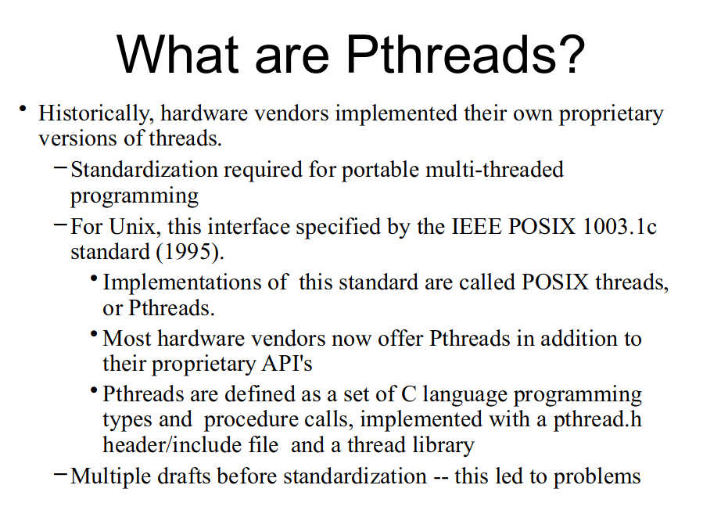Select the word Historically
pos(96,113)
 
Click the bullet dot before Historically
pos(24,108)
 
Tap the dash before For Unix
pos(60,224)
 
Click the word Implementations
pos(195,282)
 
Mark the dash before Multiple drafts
pos(60,473)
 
